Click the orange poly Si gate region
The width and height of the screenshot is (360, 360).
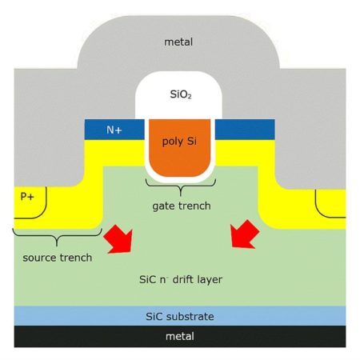(179, 147)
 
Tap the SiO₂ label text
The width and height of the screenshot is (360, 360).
(181, 94)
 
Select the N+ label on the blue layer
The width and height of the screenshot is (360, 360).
(114, 130)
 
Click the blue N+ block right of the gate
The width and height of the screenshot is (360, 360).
(245, 130)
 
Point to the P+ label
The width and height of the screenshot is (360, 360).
(27, 197)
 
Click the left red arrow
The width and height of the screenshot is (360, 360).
(118, 239)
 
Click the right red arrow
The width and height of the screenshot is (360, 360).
(245, 234)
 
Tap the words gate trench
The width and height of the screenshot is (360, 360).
(182, 206)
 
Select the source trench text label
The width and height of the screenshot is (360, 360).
(58, 258)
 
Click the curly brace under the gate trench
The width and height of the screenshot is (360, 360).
(181, 186)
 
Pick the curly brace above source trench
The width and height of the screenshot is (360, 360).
(57, 236)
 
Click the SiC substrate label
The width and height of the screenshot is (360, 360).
(180, 317)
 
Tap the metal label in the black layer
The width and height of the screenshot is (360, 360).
(180, 336)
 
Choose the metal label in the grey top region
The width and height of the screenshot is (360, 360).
(178, 42)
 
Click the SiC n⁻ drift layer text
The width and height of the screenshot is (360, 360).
(181, 280)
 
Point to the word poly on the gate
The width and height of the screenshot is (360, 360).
(172, 142)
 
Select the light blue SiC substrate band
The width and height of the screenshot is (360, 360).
(180, 316)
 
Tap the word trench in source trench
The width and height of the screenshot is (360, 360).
(76, 258)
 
